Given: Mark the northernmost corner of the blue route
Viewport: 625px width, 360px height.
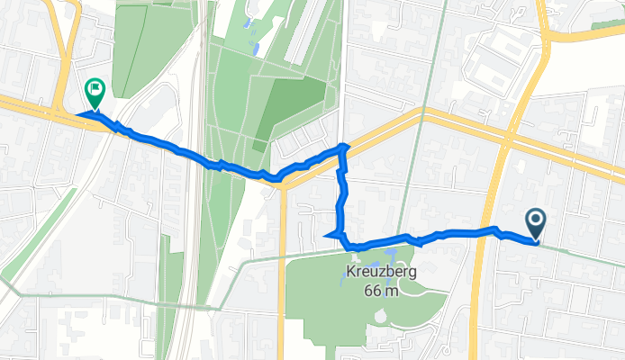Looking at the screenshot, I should tap(342, 145).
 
